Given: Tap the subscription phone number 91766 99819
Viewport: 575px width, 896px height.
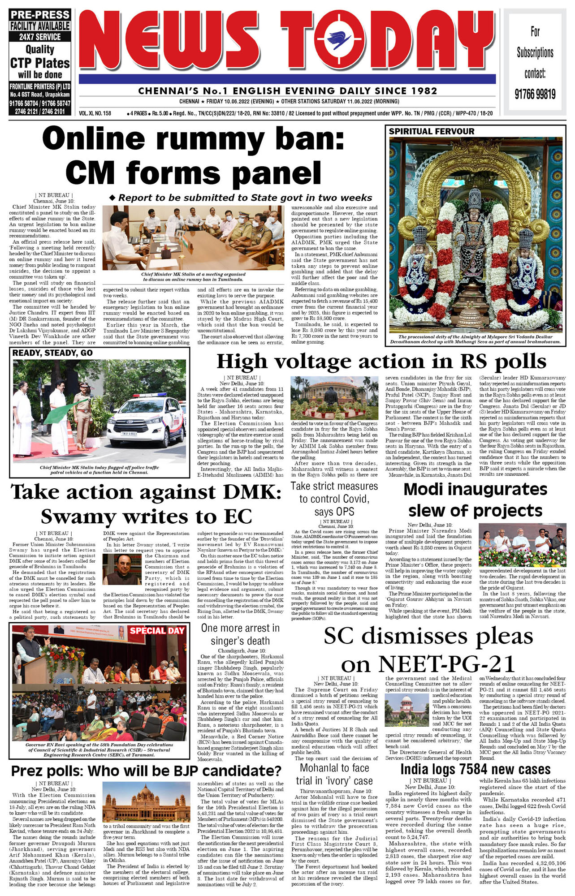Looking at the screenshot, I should click(535, 94).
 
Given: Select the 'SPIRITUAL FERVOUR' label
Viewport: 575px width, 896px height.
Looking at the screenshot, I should click(431, 131).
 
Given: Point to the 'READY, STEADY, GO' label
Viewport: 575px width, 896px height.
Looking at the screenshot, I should click(52, 353).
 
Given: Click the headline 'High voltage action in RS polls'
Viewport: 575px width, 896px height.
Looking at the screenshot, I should click(381, 362).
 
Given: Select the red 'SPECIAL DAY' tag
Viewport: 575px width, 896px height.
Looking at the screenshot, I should click(157, 631).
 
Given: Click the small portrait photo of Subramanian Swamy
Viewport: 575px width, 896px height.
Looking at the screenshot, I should click(122, 572).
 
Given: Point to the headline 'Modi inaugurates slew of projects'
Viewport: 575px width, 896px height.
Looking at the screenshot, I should click(475, 500).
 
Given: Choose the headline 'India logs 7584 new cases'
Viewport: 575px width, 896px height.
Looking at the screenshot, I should click(475, 769).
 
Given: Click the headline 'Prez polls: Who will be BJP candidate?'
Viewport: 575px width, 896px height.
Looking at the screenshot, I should click(146, 771).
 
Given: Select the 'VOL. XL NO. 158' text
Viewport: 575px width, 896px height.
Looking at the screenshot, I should click(95, 113).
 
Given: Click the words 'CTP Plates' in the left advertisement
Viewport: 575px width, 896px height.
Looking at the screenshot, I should click(40, 63).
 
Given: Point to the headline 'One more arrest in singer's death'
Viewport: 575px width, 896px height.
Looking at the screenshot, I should click(240, 634).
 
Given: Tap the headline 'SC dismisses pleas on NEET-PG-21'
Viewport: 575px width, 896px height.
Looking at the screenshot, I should click(428, 650).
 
